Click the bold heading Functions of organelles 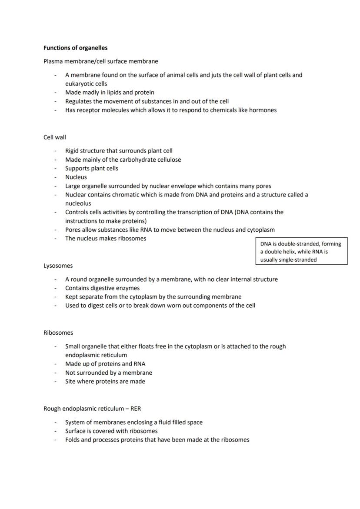click(75, 48)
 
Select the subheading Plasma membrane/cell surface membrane click(100, 61)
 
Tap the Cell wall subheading click(55, 137)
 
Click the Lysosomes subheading click(58, 266)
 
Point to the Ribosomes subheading click(58, 333)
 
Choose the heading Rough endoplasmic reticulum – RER click(92, 409)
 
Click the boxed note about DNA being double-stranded click(301, 252)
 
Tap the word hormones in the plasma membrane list click(262, 110)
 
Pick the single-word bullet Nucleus click(76, 177)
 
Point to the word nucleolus click(78, 203)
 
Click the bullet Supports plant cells click(92, 169)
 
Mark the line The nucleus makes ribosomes click(106, 239)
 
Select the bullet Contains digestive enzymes click(103, 288)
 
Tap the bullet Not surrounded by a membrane click(109, 373)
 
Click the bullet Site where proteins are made click(105, 382)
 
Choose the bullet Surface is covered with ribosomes click(111, 431)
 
